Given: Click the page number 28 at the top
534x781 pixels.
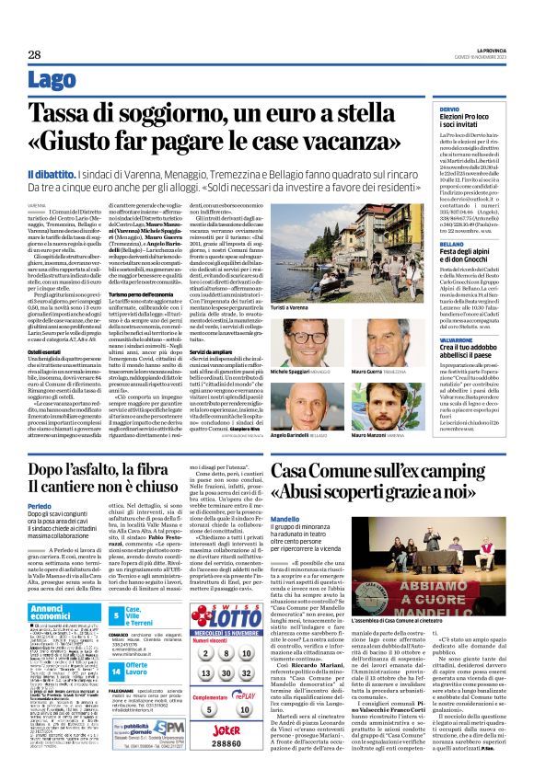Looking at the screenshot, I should point(34,55).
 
